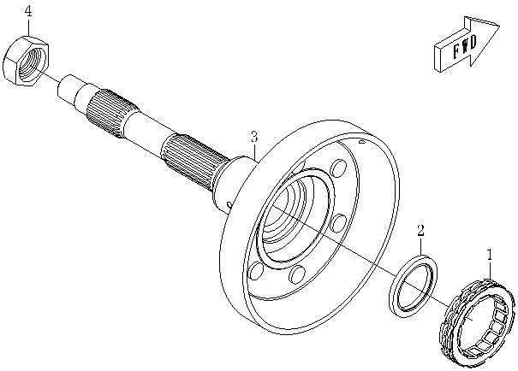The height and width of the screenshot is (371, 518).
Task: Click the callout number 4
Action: pos(28,11)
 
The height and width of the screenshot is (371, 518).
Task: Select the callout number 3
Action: pos(253,137)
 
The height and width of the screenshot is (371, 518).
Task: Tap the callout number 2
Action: pos(420,230)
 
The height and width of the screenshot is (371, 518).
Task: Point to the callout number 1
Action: pos(489,254)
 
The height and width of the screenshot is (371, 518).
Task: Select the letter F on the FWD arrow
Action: pos(446,53)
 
